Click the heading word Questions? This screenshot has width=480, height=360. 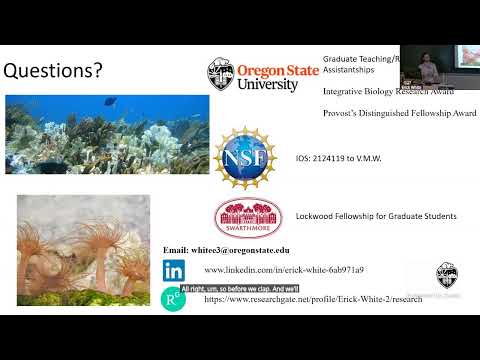(x=56, y=71)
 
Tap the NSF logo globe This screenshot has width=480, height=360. (x=246, y=157)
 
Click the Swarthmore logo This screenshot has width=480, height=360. (x=242, y=216)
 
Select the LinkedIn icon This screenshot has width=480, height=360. (x=174, y=270)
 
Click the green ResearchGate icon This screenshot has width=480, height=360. (x=173, y=297)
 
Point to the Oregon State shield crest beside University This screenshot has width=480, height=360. (x=220, y=73)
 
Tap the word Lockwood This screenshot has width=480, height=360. (x=316, y=216)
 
